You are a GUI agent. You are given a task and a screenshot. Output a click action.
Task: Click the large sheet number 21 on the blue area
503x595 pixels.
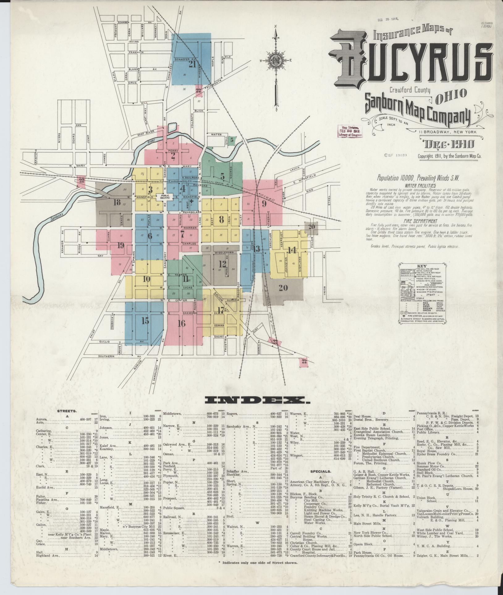click(x=192, y=64)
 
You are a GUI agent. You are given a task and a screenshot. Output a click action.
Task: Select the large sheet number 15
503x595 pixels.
click(x=145, y=321)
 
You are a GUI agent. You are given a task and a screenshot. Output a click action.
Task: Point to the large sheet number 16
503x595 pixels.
click(x=181, y=323)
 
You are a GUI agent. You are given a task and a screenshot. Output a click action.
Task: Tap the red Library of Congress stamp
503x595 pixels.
click(x=350, y=131)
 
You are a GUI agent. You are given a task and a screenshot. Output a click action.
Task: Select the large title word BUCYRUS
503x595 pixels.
click(x=411, y=63)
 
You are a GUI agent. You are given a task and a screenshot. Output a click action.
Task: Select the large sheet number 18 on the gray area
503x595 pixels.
click(x=117, y=203)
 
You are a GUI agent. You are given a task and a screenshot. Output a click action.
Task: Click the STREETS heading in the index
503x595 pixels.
click(x=67, y=411)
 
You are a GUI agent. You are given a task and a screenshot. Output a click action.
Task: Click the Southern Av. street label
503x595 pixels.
click(x=107, y=356)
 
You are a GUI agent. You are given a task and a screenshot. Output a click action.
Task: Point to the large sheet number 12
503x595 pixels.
click(x=222, y=264)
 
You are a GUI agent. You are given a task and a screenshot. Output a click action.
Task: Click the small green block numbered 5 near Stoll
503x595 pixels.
click(x=231, y=140)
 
